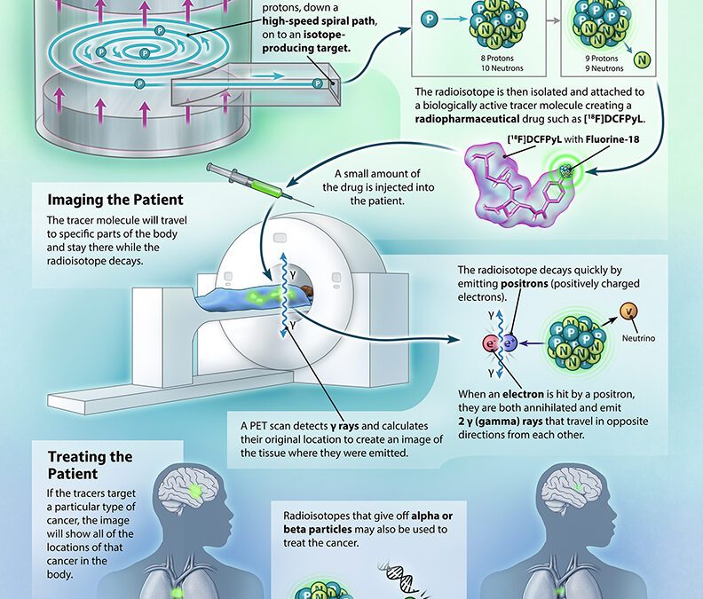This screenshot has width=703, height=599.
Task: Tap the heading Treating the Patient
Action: pos(91,466)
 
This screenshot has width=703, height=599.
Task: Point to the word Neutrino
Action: pos(632,338)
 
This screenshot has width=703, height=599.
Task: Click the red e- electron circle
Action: pos(490,343)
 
